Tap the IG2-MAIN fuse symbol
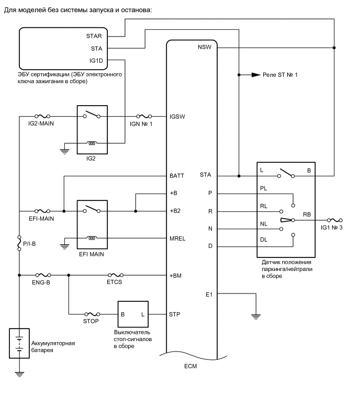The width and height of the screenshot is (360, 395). (42, 117)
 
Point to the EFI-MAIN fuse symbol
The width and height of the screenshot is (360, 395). (42, 211)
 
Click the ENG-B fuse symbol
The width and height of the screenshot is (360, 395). (42, 274)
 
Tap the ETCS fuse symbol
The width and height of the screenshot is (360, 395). (115, 274)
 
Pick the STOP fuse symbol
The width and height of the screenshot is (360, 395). (92, 314)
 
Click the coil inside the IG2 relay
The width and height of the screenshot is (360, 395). (92, 142)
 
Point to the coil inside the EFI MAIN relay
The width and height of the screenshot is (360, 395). (92, 238)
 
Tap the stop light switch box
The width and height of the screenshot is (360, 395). (133, 314)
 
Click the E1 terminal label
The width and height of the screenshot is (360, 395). (209, 294)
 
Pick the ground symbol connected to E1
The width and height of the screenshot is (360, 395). (255, 315)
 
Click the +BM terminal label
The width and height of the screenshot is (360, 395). (176, 274)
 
